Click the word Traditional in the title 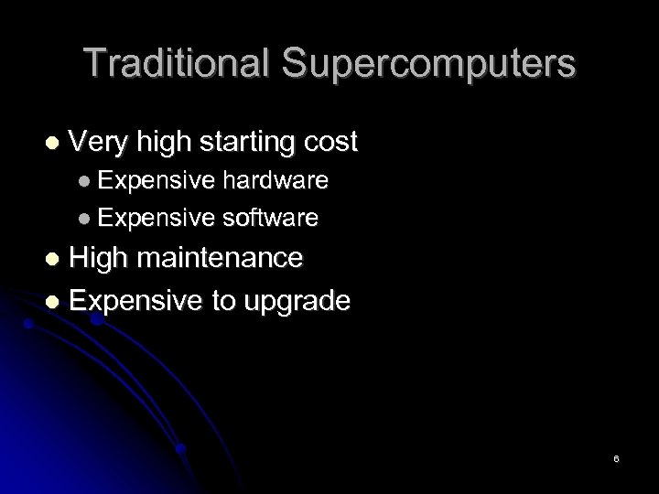click(177, 64)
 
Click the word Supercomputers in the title click(428, 64)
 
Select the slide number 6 click(617, 457)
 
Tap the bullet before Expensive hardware click(84, 181)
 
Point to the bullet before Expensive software click(84, 219)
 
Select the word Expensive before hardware click(154, 181)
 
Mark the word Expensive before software click(154, 219)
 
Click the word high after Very click(161, 144)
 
